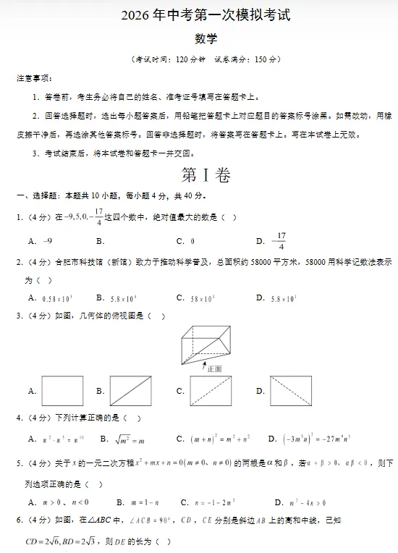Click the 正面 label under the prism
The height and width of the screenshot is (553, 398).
(x=214, y=368)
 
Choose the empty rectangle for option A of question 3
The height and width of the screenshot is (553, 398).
(x=62, y=391)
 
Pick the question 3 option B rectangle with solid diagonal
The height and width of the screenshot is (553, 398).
(x=131, y=391)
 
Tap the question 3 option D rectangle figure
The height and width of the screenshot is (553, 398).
(x=291, y=391)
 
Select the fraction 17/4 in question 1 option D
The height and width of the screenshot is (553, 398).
(x=281, y=241)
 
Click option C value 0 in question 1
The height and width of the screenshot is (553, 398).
(x=192, y=241)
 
